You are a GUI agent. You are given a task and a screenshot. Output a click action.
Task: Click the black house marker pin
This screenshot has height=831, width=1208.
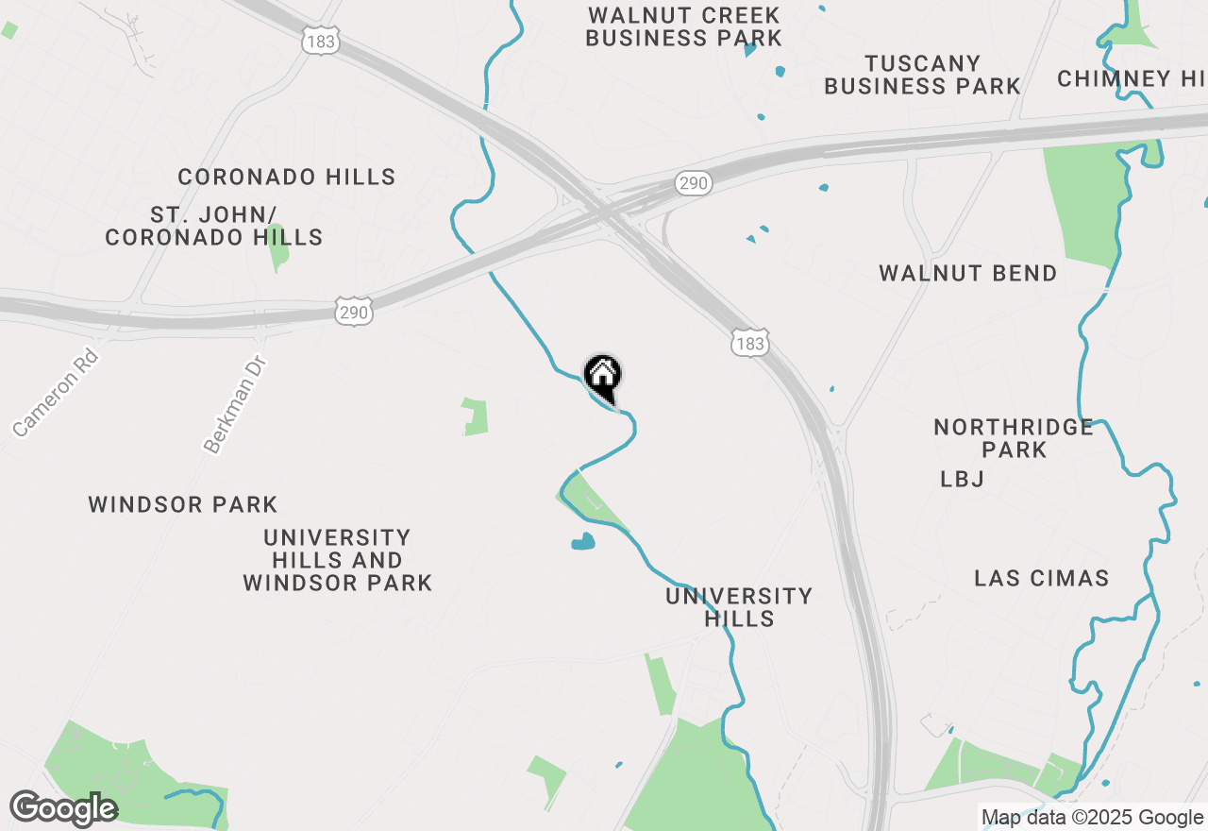(602, 377)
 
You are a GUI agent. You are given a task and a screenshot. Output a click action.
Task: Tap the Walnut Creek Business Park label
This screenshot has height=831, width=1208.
(683, 26)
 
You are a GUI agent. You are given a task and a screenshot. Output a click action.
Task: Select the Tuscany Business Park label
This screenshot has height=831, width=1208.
(922, 75)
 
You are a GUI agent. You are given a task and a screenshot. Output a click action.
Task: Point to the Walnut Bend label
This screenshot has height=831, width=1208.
(967, 274)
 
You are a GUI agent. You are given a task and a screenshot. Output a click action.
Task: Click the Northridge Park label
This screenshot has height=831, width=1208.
(1014, 438)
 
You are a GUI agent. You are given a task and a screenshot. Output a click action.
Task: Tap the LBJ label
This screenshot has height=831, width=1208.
(962, 480)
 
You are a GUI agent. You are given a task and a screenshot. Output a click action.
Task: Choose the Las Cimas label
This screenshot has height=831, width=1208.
(1041, 578)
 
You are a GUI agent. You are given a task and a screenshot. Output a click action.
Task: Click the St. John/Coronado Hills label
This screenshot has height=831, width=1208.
(214, 226)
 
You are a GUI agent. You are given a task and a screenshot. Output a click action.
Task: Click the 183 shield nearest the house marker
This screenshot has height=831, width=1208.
(749, 343)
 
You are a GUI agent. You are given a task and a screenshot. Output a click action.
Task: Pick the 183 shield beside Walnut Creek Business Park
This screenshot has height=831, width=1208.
(321, 41)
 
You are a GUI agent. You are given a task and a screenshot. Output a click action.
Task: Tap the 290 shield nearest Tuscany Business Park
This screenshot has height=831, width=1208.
(693, 183)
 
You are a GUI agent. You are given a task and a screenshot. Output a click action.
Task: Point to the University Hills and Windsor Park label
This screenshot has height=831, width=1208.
(337, 560)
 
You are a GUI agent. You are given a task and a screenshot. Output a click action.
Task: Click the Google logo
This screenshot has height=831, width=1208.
(63, 808)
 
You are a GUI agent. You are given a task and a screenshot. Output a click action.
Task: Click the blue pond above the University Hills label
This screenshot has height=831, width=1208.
(583, 542)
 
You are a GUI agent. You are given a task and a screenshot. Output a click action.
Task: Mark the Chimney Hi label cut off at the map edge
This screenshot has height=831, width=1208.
(1131, 78)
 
